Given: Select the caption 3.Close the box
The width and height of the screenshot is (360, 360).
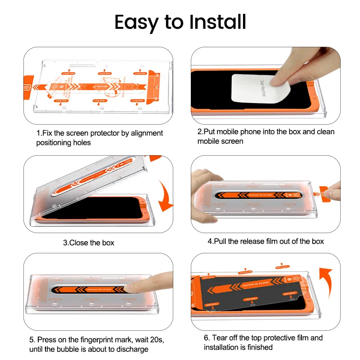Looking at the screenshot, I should tap(89, 243).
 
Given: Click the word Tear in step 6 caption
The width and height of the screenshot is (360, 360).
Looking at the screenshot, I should tap(220, 337).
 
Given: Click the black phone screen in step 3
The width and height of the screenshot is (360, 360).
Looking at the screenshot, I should tap(90, 209).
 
